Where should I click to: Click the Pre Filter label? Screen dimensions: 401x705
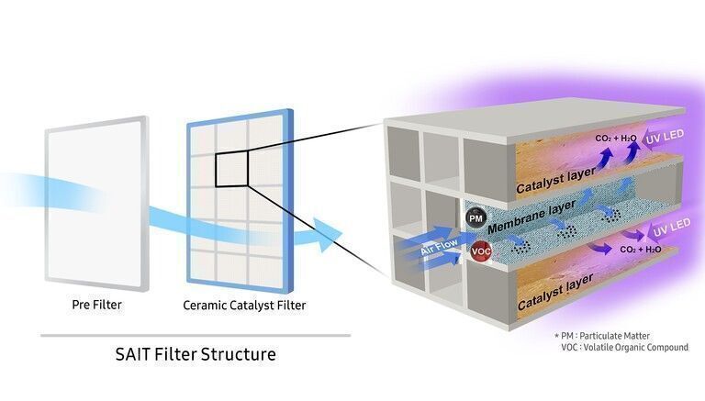tap(96, 304)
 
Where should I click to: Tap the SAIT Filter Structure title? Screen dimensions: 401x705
tap(195, 353)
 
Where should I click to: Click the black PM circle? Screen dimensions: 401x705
tap(476, 218)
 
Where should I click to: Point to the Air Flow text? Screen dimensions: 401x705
tap(439, 249)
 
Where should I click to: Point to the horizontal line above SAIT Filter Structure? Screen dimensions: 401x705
tap(195, 335)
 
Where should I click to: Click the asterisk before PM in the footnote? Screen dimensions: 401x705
tap(557, 335)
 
